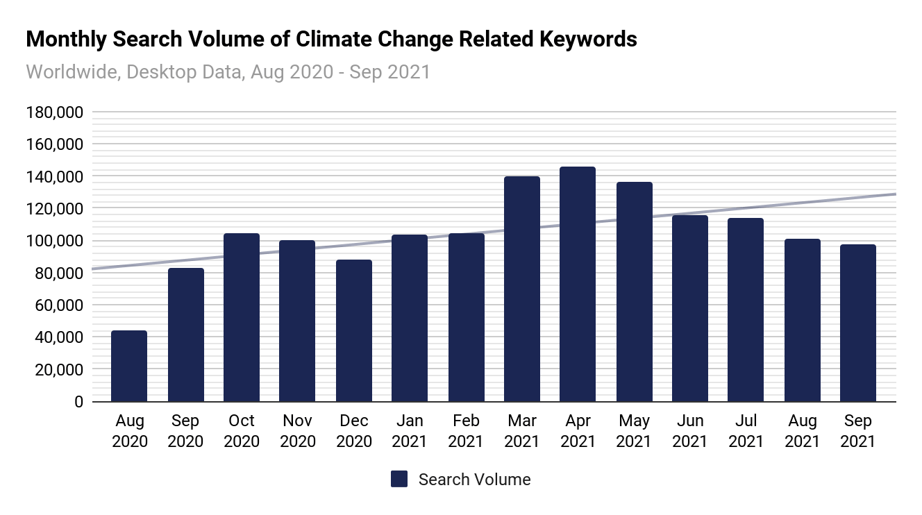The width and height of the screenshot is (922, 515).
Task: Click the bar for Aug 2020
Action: [129, 366]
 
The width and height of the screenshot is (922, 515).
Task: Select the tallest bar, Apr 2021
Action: [578, 284]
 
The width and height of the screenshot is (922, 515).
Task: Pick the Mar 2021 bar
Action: [522, 289]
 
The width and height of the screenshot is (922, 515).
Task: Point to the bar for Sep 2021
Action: [857, 323]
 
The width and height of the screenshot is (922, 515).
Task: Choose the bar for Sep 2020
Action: [185, 335]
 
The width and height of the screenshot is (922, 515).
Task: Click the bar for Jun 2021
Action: [690, 308]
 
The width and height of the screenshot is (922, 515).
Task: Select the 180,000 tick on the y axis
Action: [54, 112]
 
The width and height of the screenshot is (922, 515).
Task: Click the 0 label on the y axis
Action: [78, 402]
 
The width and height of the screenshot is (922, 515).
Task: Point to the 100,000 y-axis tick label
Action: [54, 241]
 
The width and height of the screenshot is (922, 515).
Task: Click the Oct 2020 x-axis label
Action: [242, 431]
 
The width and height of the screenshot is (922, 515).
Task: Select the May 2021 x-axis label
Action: [634, 431]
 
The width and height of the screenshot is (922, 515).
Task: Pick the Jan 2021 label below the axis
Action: [410, 431]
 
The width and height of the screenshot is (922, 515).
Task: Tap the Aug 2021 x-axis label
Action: [802, 431]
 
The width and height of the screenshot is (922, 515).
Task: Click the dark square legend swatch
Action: [399, 479]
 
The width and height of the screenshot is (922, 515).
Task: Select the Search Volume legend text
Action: [474, 480]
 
